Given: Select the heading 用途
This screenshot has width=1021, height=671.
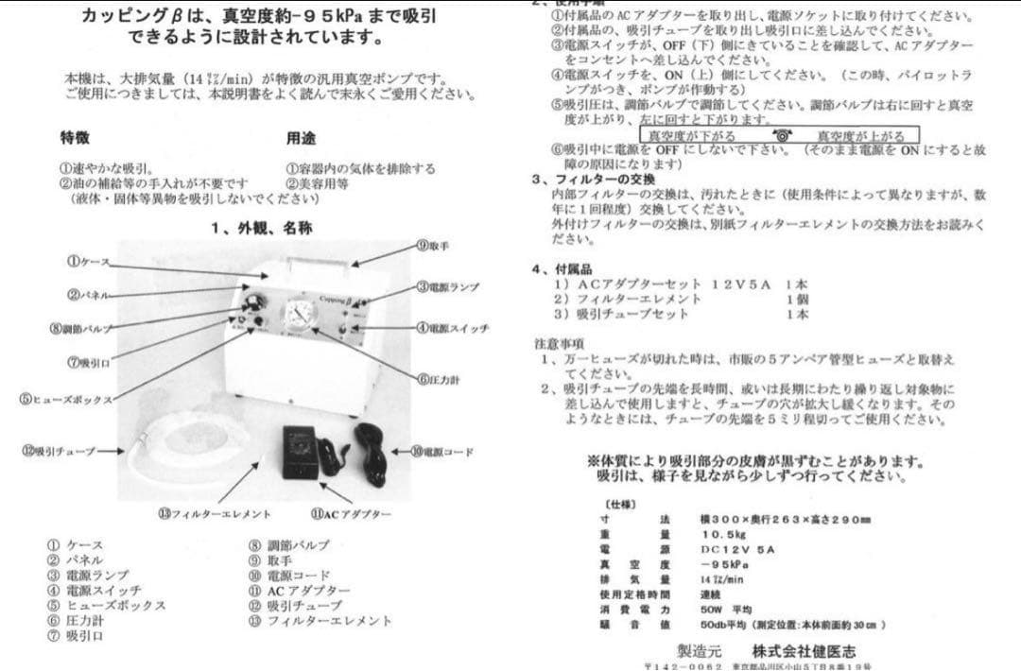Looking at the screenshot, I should [301, 139].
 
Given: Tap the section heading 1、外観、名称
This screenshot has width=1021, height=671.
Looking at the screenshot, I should [262, 228].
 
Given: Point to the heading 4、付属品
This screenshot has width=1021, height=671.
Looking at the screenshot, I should [567, 267].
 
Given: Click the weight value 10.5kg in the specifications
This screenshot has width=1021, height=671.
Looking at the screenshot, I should [719, 534].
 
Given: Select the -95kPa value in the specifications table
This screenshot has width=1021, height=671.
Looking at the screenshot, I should [723, 563].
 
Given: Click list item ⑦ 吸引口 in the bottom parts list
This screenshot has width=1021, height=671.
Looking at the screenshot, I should [76, 636].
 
